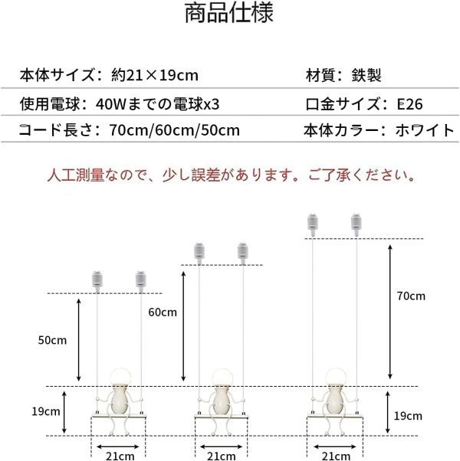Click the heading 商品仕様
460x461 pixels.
(229, 15)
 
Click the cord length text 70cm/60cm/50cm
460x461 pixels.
(174, 129)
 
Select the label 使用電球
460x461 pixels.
(48, 103)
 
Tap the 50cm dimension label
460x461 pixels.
(54, 339)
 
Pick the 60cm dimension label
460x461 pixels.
(162, 312)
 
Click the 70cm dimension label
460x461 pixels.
(411, 296)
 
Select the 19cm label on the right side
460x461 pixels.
(407, 417)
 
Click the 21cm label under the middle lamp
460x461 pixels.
(222, 455)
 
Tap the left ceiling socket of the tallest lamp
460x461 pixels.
(313, 223)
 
